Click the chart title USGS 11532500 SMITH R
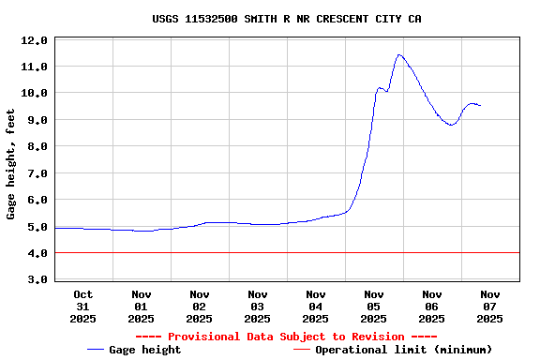286,18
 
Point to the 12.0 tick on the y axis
35,40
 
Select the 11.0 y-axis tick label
35,67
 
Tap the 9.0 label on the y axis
35,120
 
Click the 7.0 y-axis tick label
35,173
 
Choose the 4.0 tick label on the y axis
35,253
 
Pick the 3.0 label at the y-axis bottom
35,279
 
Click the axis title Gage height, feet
11,164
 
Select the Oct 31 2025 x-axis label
82,307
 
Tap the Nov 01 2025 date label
141,307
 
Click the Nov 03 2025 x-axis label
257,307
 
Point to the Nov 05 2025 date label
374,307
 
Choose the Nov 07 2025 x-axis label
490,307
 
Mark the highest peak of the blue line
399,54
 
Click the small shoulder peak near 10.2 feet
380,88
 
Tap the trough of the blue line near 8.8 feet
452,125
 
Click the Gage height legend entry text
145,350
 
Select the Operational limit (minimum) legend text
403,350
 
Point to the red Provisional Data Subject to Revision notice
286,337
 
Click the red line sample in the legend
301,350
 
